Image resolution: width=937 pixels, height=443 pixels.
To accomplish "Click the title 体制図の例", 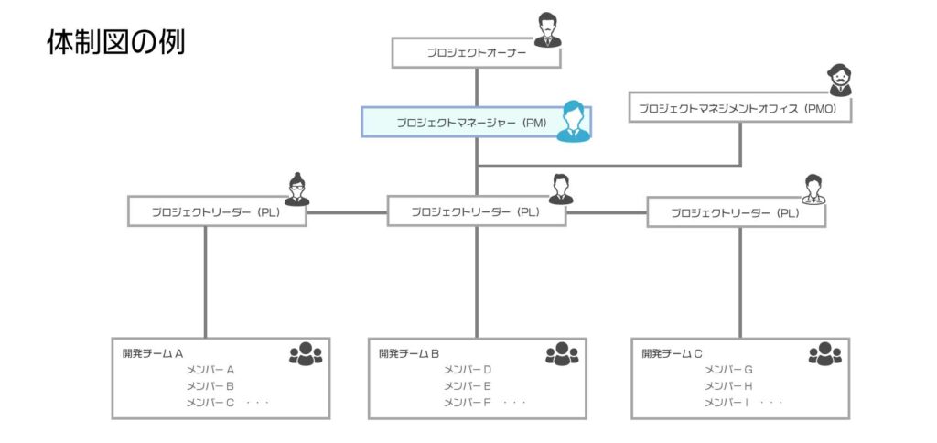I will (115, 42).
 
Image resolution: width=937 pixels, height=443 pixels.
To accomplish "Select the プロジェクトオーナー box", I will (476, 52).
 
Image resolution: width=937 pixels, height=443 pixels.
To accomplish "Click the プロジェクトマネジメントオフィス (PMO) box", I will (739, 108).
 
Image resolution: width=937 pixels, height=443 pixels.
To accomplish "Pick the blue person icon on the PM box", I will (574, 121).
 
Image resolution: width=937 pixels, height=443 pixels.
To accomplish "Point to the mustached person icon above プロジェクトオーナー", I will (546, 30).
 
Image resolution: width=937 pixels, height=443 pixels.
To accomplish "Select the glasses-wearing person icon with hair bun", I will (296, 190).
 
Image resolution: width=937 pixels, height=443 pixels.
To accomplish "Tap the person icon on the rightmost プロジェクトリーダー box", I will (813, 189).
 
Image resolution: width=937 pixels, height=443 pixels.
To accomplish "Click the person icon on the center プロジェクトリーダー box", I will (561, 189).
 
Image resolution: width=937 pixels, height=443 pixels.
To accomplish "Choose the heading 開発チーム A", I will (154, 352).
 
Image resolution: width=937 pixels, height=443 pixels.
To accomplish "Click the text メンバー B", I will (210, 386).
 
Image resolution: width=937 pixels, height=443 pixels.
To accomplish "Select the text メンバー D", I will (468, 370).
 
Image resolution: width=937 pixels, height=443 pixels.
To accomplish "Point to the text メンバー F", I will (468, 403).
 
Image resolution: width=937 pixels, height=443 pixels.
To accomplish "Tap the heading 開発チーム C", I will (673, 352).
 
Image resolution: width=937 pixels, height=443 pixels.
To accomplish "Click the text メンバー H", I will (728, 386).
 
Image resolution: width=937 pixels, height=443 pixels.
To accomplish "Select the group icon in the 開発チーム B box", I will (562, 354).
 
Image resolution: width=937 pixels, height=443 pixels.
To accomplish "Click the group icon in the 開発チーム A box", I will (306, 354).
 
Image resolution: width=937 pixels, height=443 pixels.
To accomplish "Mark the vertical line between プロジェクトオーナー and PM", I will (476, 87).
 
